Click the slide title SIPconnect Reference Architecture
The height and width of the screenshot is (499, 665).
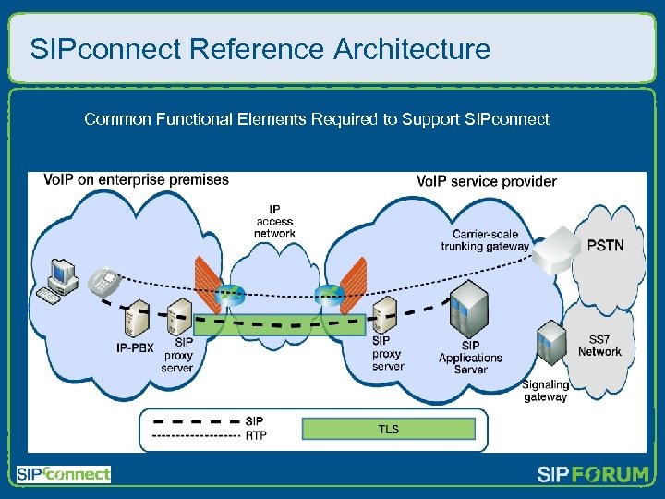(260, 49)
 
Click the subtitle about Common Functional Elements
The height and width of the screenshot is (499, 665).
(316, 119)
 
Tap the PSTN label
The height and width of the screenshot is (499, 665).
(605, 246)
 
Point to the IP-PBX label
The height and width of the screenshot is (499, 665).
(135, 348)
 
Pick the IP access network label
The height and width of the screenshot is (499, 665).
(274, 222)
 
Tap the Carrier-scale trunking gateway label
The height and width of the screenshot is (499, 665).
(485, 240)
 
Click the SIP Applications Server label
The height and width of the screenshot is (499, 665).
(470, 358)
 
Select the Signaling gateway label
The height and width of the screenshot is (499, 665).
(545, 391)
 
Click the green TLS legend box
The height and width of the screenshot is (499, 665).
(388, 429)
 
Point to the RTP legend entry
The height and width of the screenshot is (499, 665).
(255, 434)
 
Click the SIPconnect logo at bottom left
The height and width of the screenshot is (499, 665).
(63, 474)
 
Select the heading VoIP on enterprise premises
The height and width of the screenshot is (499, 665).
(137, 180)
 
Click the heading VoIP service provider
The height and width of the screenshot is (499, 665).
(486, 181)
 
